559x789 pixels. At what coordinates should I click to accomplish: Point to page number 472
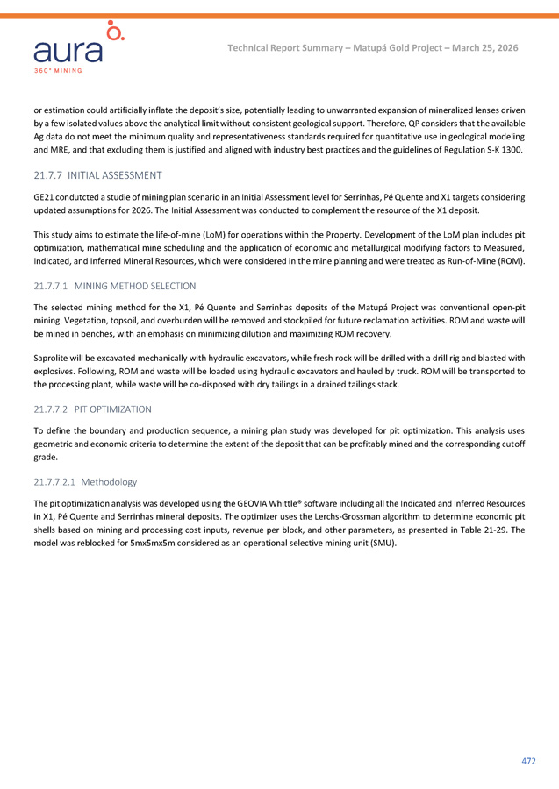[x=528, y=761]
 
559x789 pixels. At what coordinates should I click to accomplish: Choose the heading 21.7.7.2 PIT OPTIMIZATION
[x=92, y=409]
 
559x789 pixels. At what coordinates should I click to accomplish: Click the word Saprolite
[x=54, y=358]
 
